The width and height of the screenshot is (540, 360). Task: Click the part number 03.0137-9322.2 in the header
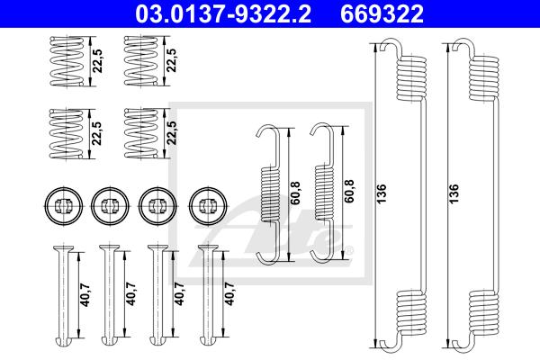click(x=223, y=13)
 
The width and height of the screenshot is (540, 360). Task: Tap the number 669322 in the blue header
click(x=382, y=13)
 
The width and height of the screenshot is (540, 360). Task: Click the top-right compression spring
click(x=141, y=61)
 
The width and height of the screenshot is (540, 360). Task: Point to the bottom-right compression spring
click(x=141, y=134)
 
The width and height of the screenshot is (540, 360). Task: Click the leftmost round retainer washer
click(x=64, y=206)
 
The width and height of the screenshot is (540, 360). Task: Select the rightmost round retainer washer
click(x=209, y=206)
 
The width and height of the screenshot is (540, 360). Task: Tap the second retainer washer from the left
click(x=110, y=206)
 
